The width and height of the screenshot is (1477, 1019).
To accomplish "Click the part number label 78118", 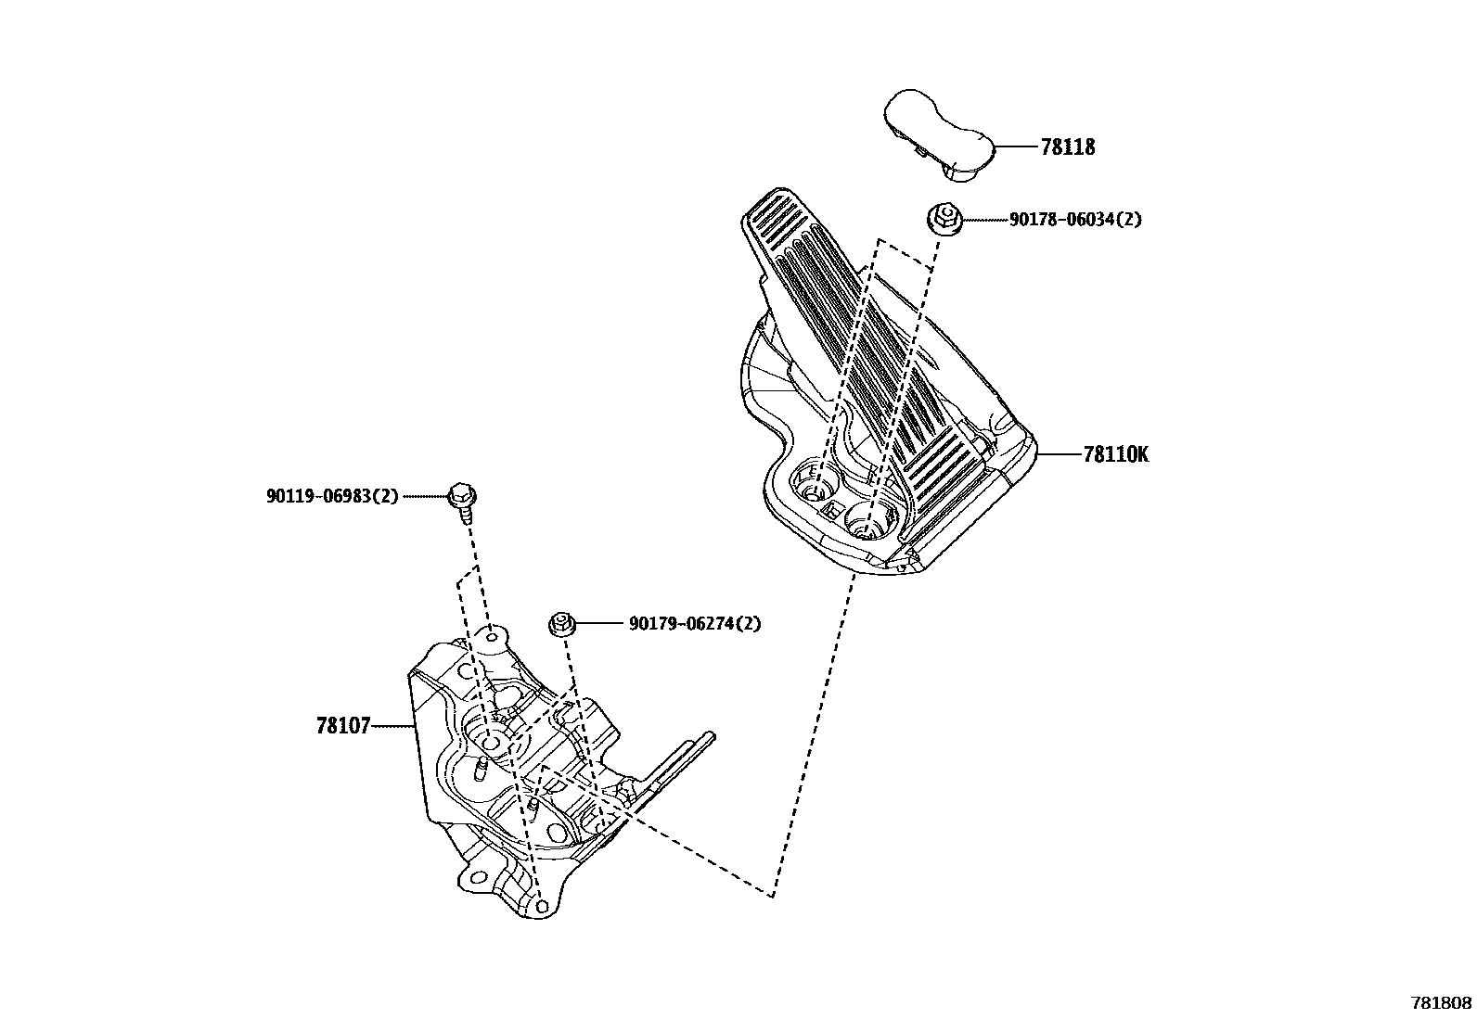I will [x=1067, y=147].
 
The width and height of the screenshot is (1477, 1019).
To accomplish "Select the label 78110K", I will [x=1115, y=455].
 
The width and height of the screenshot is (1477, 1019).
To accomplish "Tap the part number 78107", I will [x=343, y=727].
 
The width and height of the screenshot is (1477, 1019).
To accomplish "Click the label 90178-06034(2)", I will [x=1075, y=220].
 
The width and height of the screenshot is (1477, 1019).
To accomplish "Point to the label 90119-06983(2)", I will [x=332, y=496].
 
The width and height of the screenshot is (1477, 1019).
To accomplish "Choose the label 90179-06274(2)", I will [x=694, y=624].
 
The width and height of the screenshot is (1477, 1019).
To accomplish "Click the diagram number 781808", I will [x=1441, y=1003].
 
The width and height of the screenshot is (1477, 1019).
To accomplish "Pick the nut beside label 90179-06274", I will [x=560, y=624].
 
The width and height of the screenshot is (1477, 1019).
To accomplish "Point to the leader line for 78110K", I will [x=1059, y=455].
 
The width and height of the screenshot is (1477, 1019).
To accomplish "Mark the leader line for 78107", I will [x=393, y=727].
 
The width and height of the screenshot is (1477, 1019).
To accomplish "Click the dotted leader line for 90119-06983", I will [x=428, y=497].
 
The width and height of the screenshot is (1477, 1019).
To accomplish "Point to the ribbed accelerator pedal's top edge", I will [x=770, y=200].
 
